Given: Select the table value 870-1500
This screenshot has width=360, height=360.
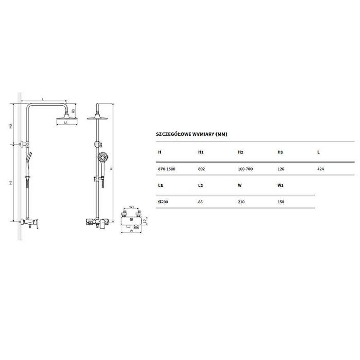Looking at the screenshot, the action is (x=167, y=169).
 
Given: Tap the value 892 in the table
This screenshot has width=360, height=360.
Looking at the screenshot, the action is (x=201, y=169).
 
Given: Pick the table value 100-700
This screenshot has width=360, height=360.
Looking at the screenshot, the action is (x=245, y=169).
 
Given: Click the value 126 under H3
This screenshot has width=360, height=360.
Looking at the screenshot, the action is (x=281, y=169).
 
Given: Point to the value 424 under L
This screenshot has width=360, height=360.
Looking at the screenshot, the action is (x=320, y=169).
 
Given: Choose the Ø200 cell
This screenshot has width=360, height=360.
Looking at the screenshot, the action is (x=163, y=202).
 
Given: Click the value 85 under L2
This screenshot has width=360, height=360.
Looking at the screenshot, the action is (x=200, y=202).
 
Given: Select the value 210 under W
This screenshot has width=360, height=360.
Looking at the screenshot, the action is (x=241, y=202).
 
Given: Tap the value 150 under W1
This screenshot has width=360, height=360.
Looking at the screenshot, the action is (x=281, y=202).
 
